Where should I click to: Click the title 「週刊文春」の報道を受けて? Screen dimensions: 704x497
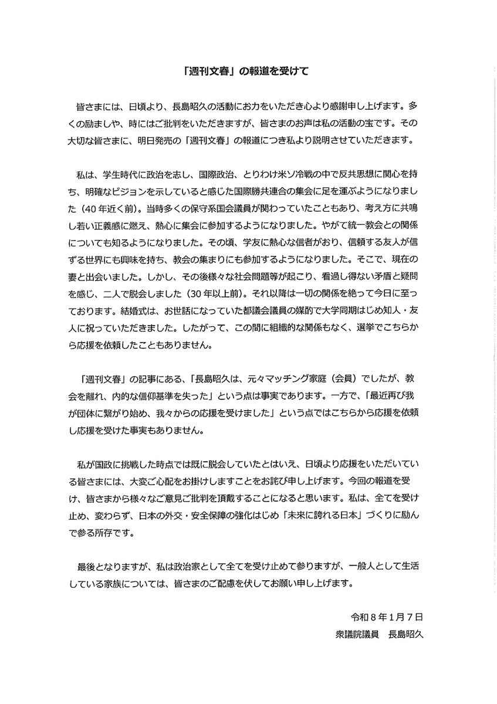tap(249, 72)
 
